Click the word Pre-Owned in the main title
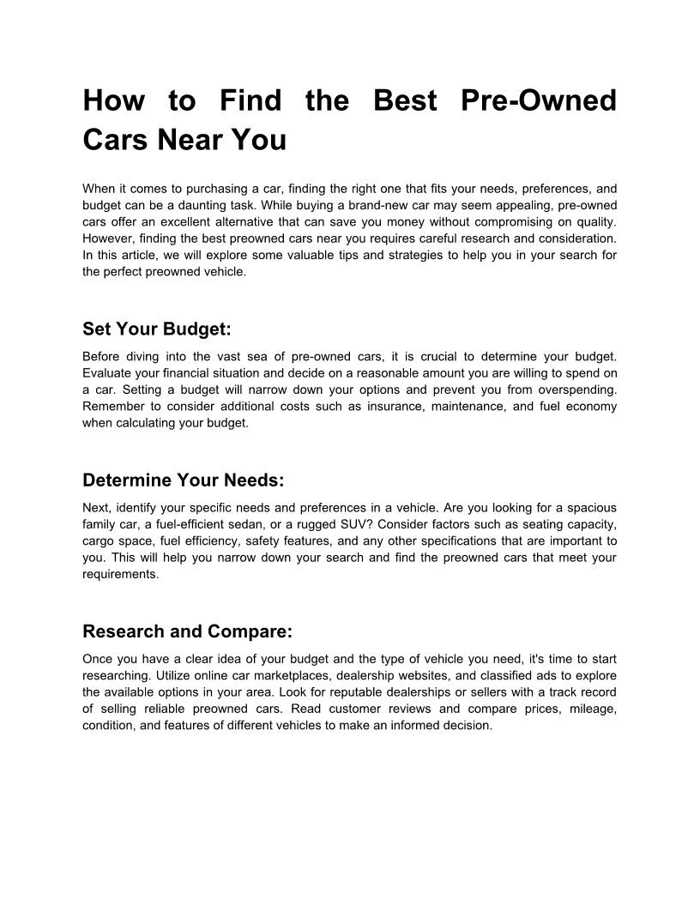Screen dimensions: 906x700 tap(539, 100)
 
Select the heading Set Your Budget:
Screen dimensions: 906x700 tap(157, 329)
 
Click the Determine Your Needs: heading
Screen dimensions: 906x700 tap(183, 480)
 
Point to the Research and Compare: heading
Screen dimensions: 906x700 tap(187, 632)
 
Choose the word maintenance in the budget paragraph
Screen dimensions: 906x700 tap(474, 406)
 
